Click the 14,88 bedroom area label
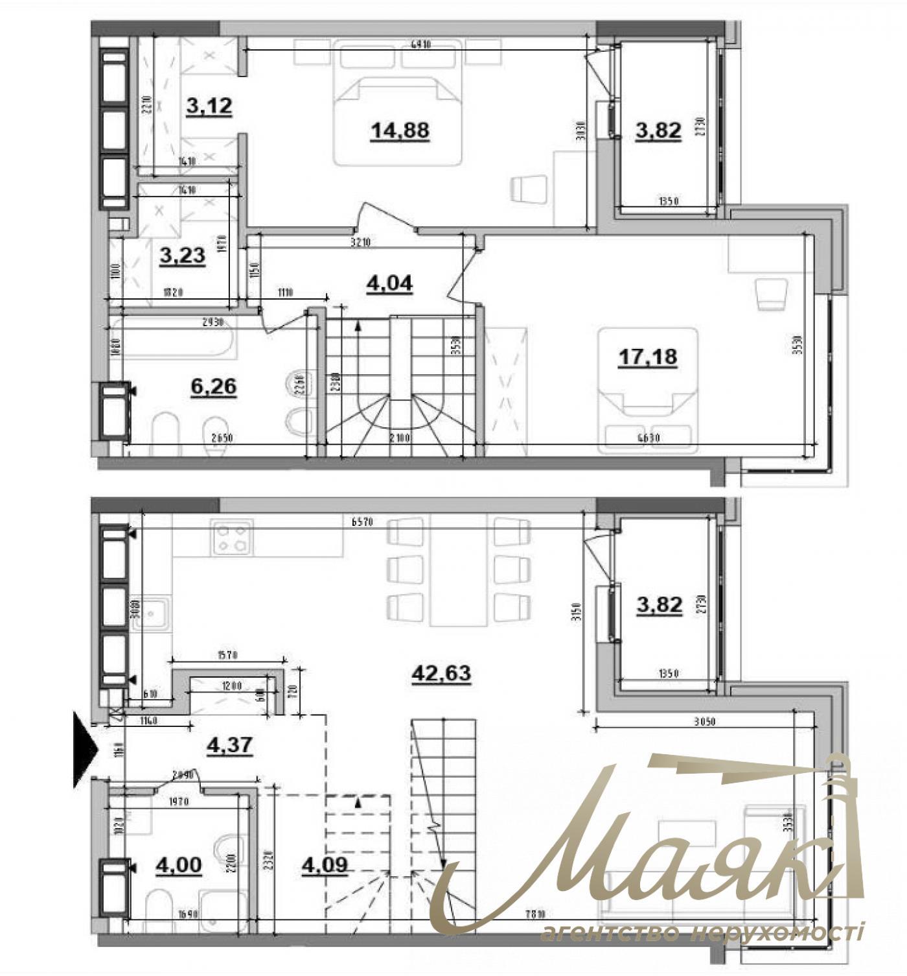point(400,130)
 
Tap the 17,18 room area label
point(648,356)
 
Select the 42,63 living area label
point(441,673)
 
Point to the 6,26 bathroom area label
point(213,387)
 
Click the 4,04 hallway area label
point(389,283)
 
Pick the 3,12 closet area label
point(209,106)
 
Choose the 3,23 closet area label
point(182,255)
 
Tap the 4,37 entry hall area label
point(229,746)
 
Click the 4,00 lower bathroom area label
point(178,865)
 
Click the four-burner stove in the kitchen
point(230,538)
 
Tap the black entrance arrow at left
point(85,750)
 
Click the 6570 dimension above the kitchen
point(362,522)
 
